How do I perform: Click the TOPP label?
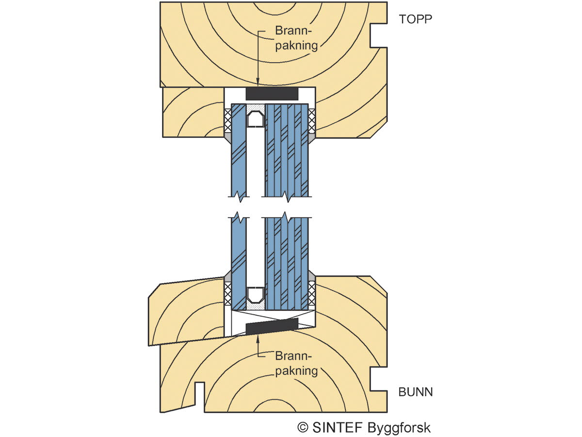pos(415,19)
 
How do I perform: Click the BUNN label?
pos(416,392)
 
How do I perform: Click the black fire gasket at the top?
pos(272,93)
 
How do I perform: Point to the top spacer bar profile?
pos(255,118)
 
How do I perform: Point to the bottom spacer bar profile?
pos(255,294)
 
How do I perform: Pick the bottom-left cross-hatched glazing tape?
pos(227,293)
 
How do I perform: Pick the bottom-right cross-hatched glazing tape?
pos(312,293)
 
